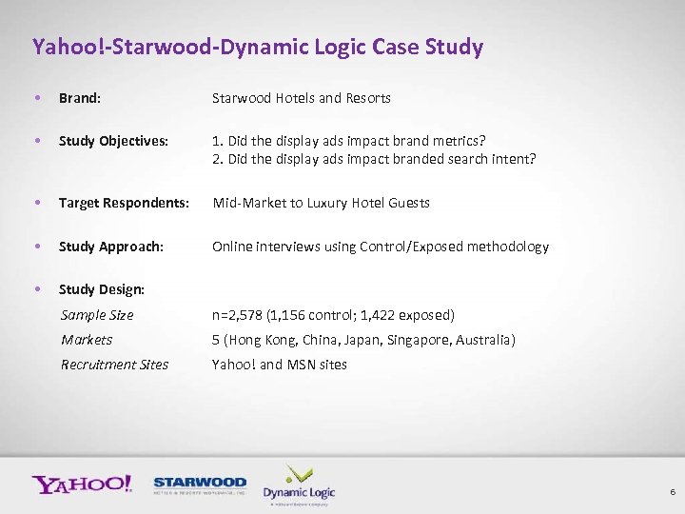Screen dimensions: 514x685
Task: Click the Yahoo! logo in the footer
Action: tap(82, 484)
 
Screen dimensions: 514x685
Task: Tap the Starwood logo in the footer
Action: tap(200, 485)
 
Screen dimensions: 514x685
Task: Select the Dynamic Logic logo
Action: tap(299, 485)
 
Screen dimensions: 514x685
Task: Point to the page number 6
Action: tap(673, 492)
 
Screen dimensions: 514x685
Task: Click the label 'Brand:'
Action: tap(80, 98)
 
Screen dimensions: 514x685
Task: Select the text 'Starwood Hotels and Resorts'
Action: tap(301, 98)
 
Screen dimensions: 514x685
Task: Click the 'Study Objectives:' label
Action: tap(113, 141)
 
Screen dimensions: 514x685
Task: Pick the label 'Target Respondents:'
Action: tap(124, 203)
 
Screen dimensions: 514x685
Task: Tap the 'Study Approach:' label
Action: tap(111, 247)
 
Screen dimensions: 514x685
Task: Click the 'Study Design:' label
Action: tap(102, 289)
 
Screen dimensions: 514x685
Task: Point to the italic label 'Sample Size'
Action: tap(97, 315)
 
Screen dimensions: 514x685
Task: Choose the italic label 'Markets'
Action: tap(87, 340)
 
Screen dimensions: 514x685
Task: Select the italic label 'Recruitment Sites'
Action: tap(114, 365)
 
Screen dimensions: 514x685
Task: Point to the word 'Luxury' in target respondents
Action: tap(320, 203)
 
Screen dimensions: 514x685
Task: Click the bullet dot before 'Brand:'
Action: tap(36, 98)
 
